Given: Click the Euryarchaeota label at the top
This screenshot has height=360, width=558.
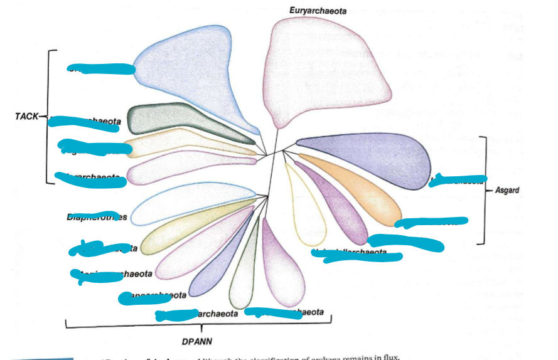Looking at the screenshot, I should tap(318, 11).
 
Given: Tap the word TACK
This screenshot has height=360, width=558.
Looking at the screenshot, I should tap(26, 116).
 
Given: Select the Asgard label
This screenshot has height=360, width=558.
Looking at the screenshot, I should tap(507, 189).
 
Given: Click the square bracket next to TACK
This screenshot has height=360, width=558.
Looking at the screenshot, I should tap(48, 116).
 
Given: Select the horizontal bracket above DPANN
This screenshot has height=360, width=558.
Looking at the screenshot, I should tap(198, 325).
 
